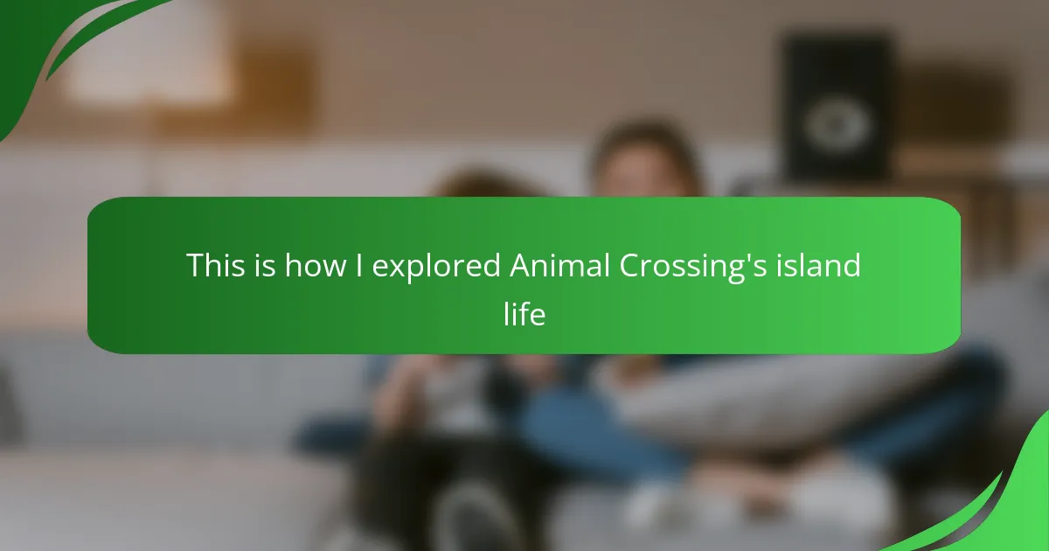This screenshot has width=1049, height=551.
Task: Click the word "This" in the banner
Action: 216,265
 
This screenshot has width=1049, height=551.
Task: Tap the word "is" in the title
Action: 265,265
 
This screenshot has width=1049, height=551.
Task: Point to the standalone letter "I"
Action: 359,265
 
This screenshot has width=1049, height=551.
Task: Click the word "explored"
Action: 436,267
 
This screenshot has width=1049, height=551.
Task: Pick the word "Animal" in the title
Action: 559,265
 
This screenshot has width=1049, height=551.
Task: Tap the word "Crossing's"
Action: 693,267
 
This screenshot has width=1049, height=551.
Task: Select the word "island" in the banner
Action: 818,265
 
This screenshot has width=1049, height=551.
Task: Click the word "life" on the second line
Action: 524,313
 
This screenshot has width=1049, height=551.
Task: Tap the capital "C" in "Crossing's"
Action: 630,266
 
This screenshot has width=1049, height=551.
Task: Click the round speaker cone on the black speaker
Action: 837,124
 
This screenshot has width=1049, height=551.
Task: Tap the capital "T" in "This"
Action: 195,266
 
